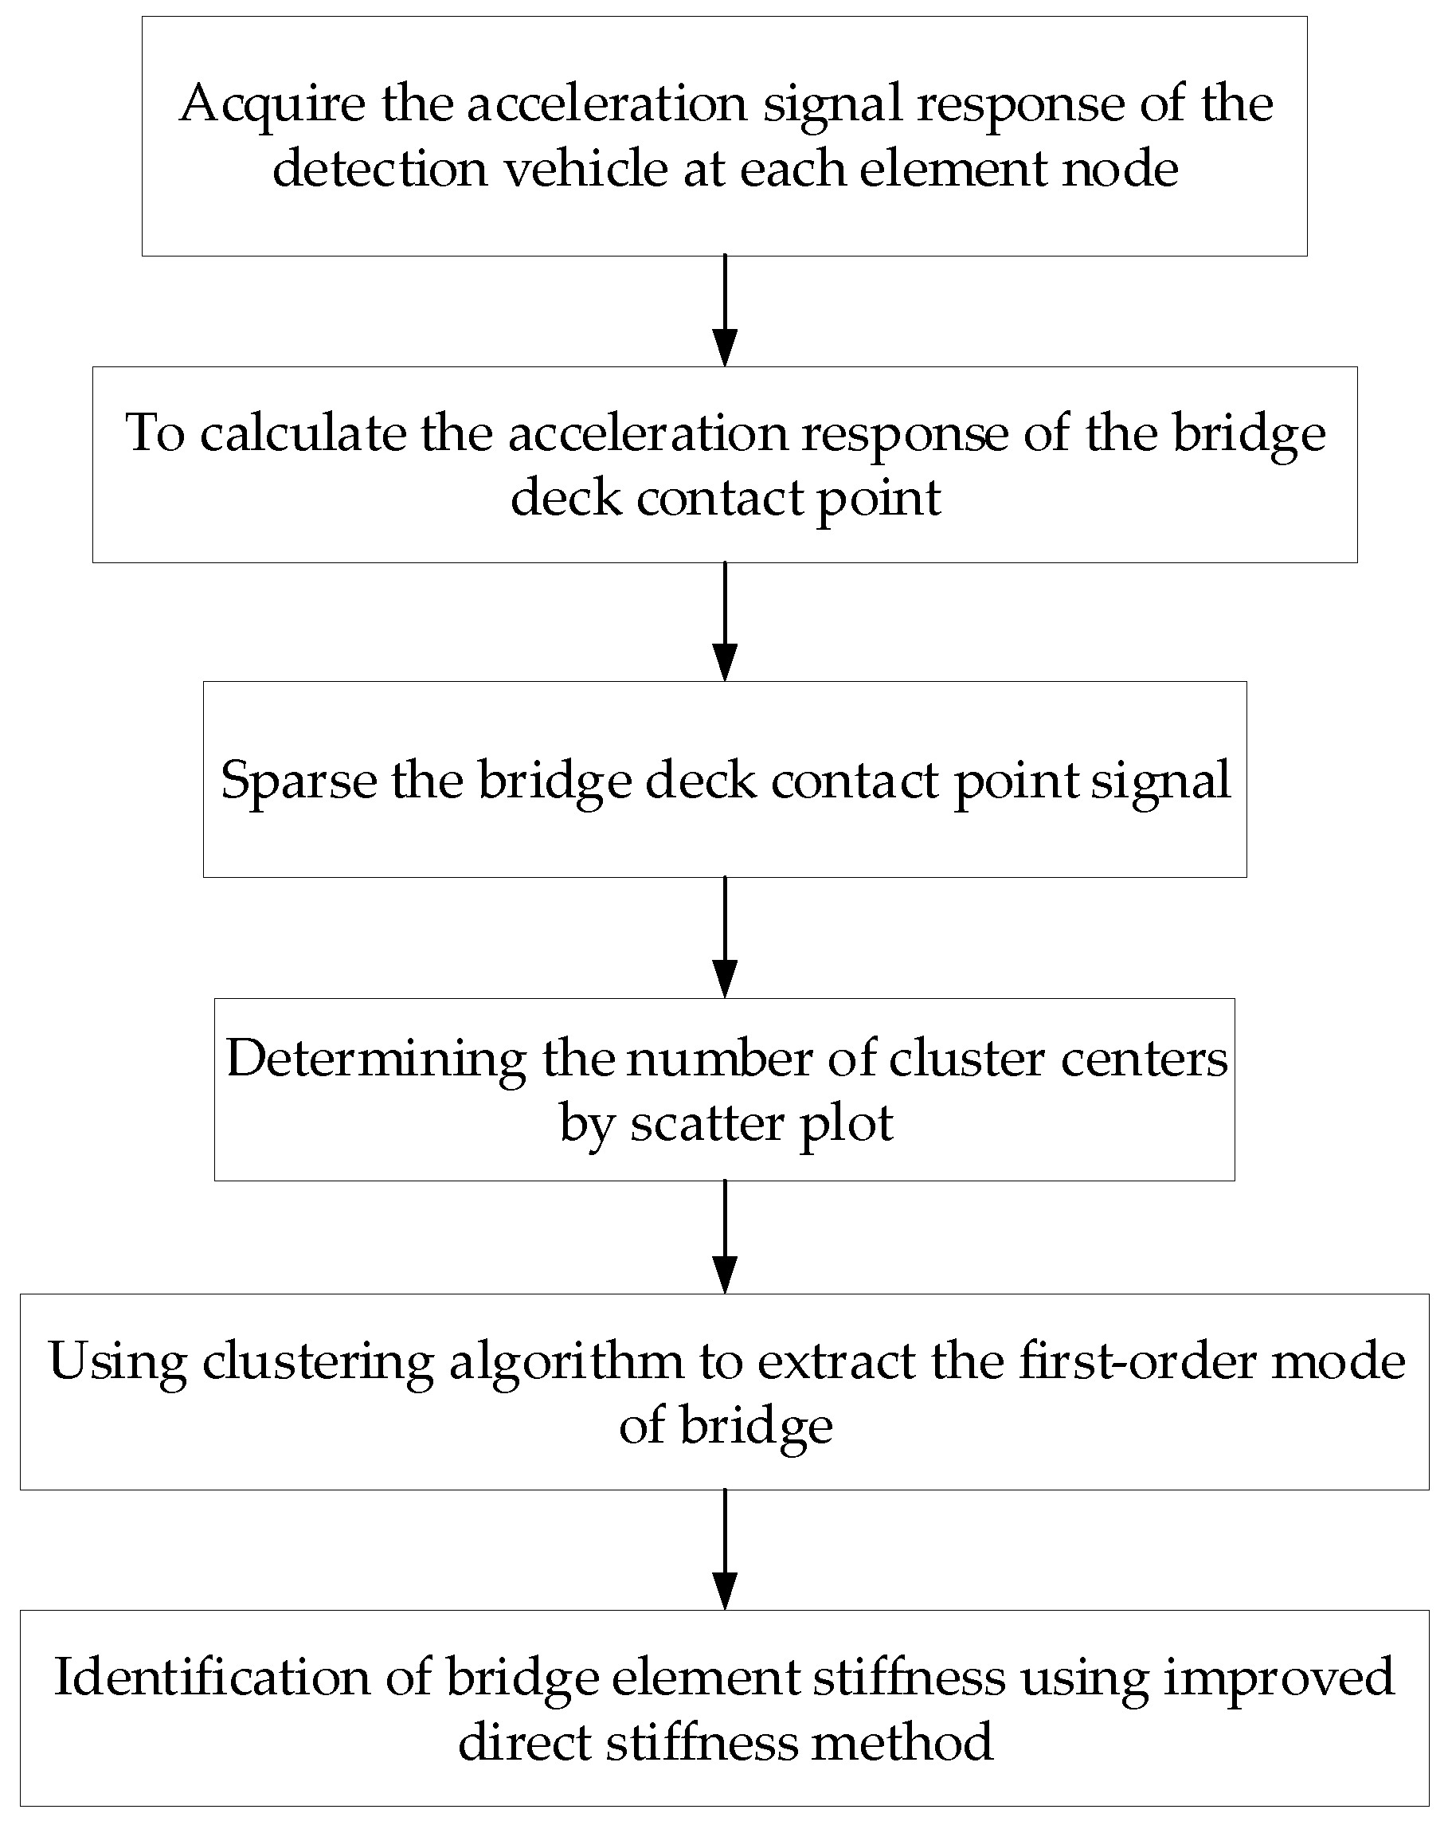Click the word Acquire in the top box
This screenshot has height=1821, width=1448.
tap(272, 104)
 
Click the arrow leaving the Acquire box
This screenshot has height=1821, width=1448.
tap(725, 311)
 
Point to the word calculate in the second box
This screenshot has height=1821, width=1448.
tap(303, 434)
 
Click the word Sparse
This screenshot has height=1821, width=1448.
tap(298, 781)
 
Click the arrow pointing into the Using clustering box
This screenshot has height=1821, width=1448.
tap(725, 1236)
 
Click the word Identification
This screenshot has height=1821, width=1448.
tap(212, 1677)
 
